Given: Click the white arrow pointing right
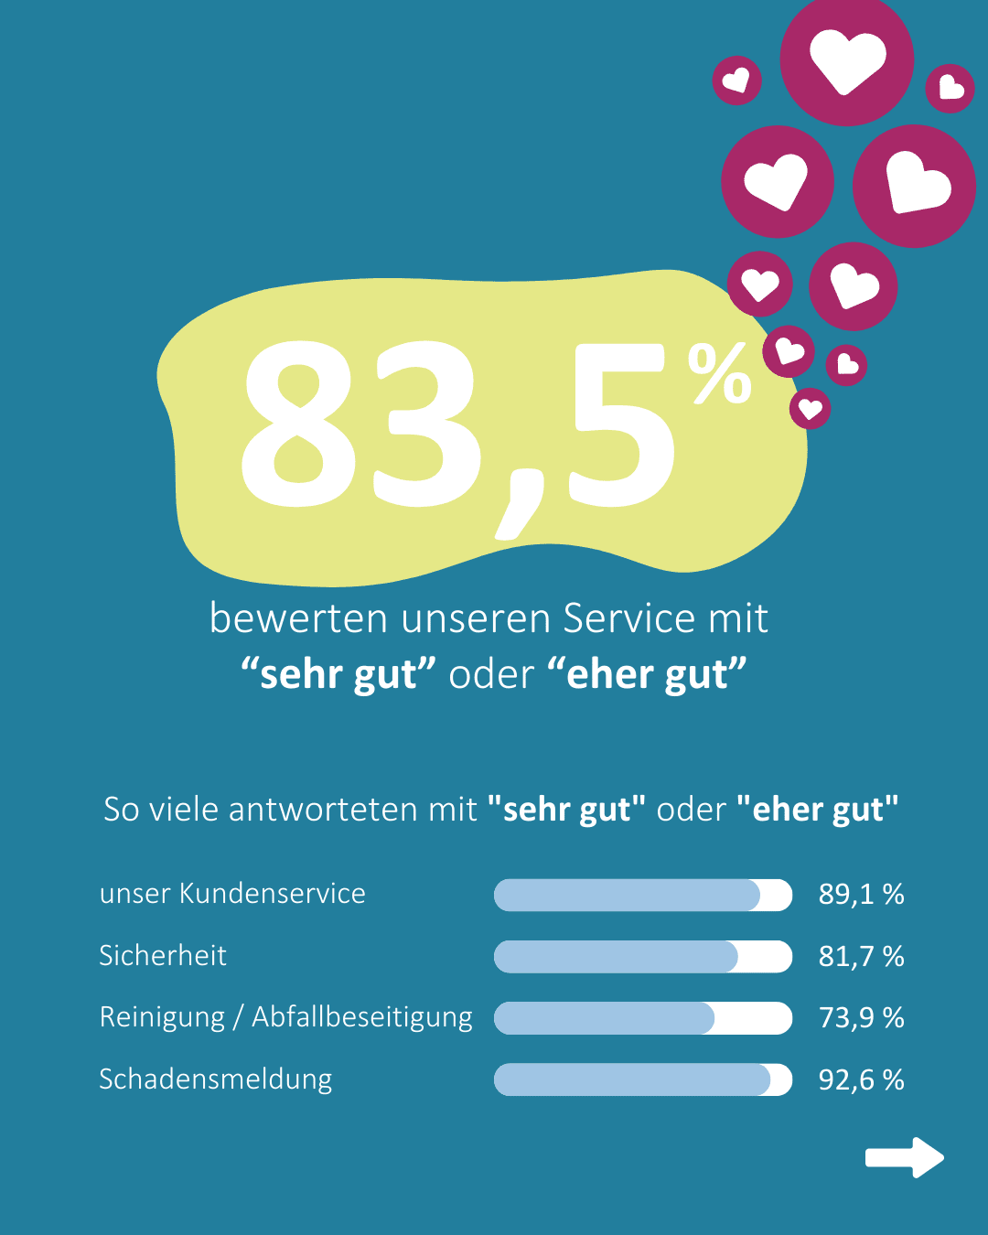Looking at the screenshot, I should [x=904, y=1158].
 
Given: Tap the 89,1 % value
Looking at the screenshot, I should [x=861, y=894].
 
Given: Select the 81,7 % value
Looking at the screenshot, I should [x=861, y=956].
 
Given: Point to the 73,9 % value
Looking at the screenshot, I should [x=861, y=1017].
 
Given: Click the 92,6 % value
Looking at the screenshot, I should [x=861, y=1079].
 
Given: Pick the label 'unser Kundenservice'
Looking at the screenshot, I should [x=232, y=893].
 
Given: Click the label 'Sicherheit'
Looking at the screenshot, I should [x=163, y=955].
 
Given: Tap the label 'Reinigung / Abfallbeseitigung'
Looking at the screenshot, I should [x=285, y=1017].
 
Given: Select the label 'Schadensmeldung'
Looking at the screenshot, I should [x=215, y=1079].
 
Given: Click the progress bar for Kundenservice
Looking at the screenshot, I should [x=642, y=895].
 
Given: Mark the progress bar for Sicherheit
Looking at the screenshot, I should [x=642, y=957].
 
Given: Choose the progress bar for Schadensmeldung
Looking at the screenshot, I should [x=642, y=1079].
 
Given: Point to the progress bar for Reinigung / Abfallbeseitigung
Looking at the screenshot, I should [x=642, y=1018].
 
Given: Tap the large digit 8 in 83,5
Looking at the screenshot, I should [x=298, y=424].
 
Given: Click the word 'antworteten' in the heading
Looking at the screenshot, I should [x=352, y=810].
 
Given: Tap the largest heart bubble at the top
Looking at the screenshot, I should [x=847, y=60].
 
